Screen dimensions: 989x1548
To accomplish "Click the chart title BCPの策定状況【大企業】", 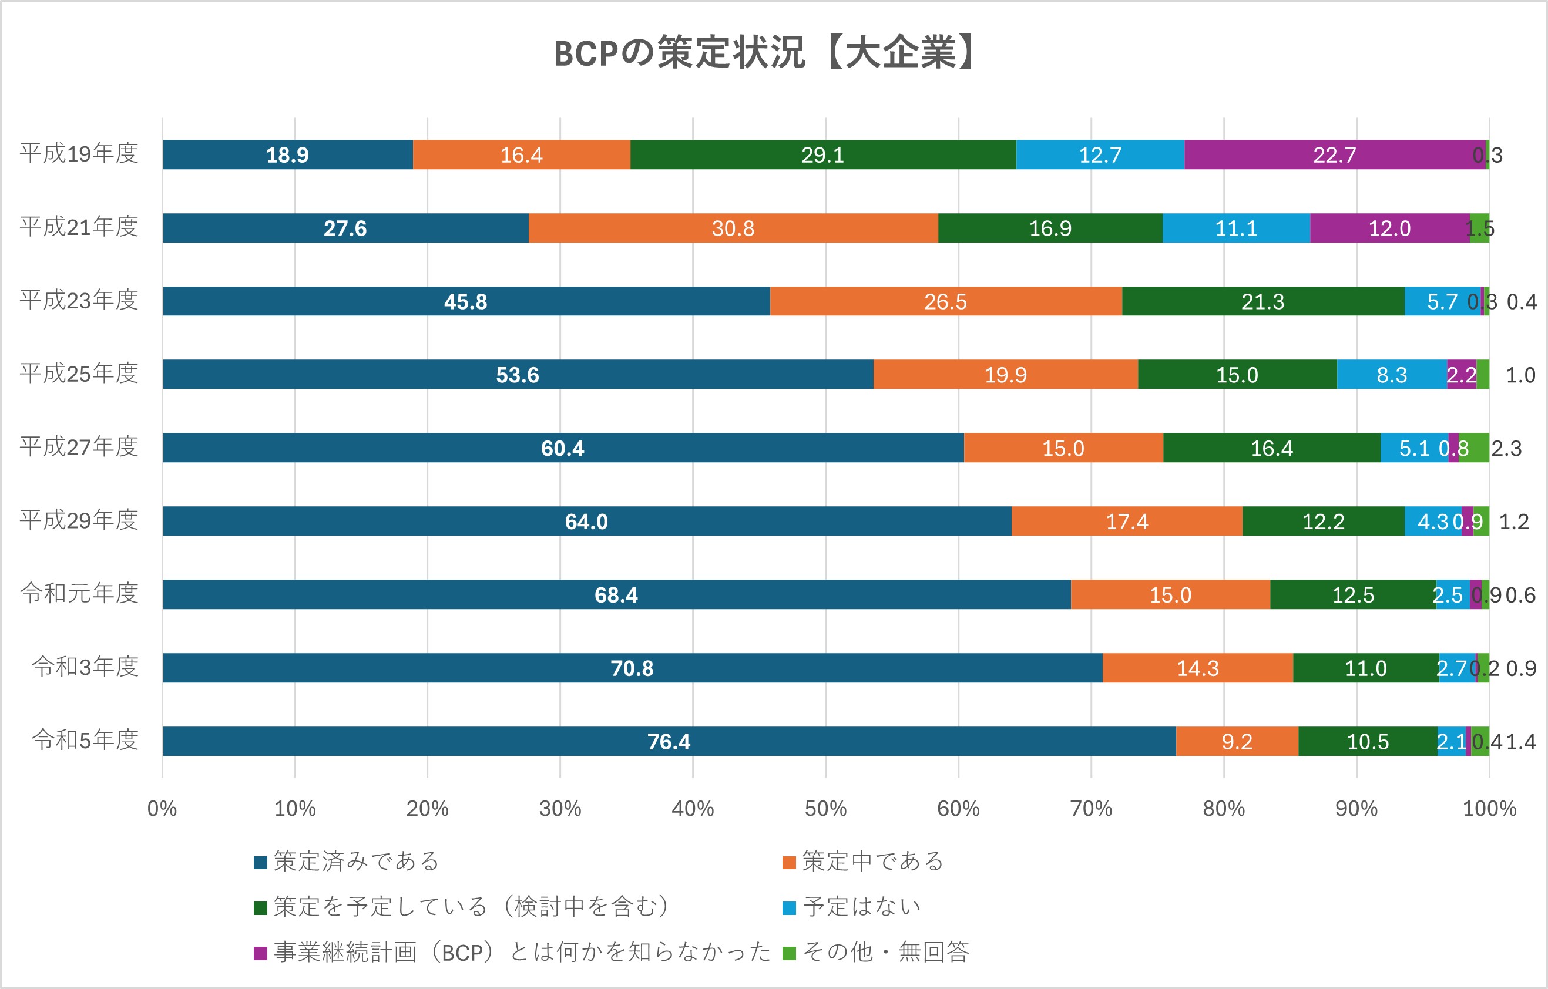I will coord(765,53).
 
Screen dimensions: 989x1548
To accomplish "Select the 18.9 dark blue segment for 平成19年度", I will coord(287,155).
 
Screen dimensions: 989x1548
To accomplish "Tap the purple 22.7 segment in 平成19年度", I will coord(1335,155).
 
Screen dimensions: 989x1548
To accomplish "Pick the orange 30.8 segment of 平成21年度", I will coord(733,228).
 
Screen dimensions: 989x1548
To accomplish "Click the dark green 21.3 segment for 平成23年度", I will coord(1262,301).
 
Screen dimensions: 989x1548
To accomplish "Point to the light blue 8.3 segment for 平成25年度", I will coord(1391,375).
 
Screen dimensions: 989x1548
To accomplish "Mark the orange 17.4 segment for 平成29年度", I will coord(1126,521).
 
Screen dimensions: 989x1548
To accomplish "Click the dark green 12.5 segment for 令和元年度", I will coord(1352,594).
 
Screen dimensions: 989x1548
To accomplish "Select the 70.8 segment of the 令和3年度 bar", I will coord(632,668).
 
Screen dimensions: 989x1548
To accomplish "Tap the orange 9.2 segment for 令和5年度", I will coord(1236,742).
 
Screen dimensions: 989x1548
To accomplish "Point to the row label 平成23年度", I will coord(79,300).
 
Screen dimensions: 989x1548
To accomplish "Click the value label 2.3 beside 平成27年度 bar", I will coord(1506,449).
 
